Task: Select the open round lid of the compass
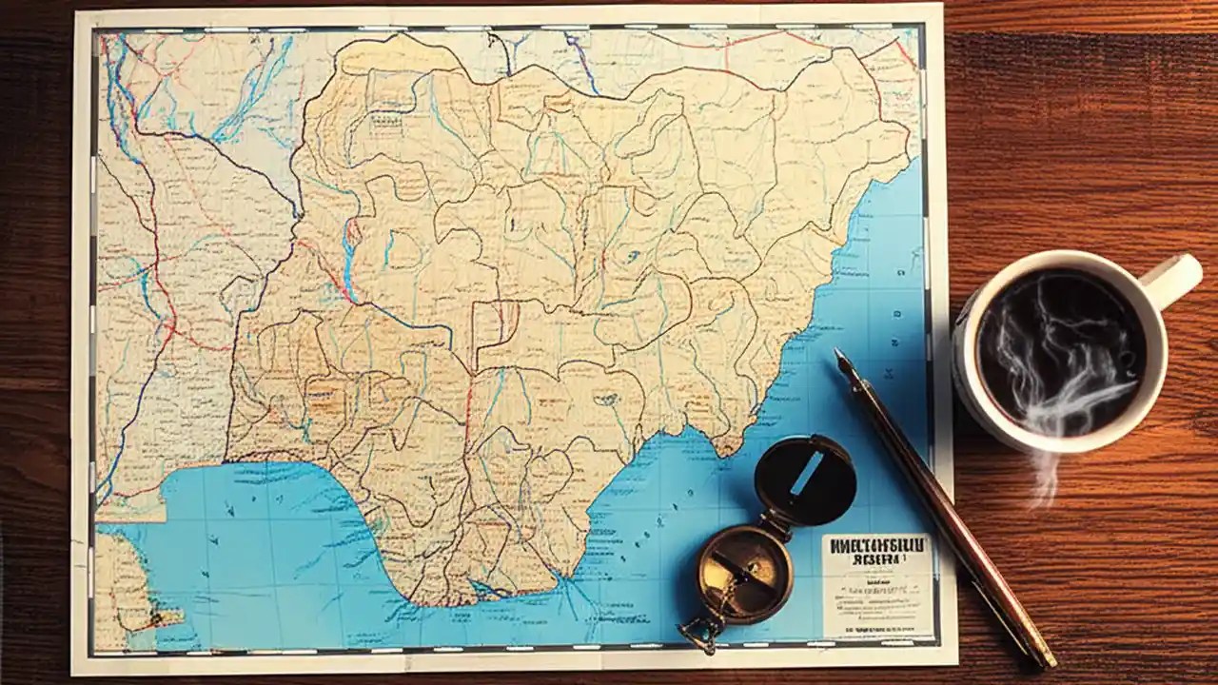click(804, 479)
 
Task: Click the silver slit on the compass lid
click(806, 473)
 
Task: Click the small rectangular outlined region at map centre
click(496, 323)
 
